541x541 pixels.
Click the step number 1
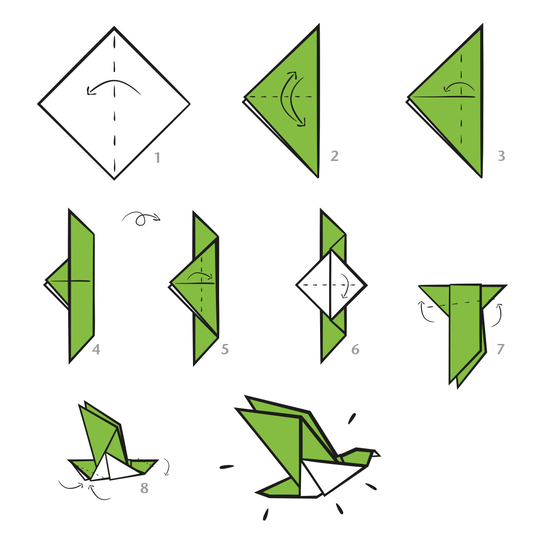click(x=157, y=157)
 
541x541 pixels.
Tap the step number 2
click(x=335, y=156)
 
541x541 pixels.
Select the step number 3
click(x=501, y=156)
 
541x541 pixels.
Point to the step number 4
click(x=96, y=349)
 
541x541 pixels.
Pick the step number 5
click(x=225, y=349)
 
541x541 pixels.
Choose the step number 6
click(x=355, y=349)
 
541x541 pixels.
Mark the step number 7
click(x=500, y=349)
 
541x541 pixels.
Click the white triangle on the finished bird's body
click(x=310, y=481)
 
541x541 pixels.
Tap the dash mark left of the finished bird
click(x=227, y=467)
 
